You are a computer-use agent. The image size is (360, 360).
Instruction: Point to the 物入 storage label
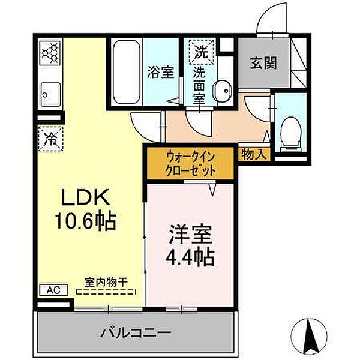254,154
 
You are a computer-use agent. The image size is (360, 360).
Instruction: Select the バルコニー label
139,332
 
